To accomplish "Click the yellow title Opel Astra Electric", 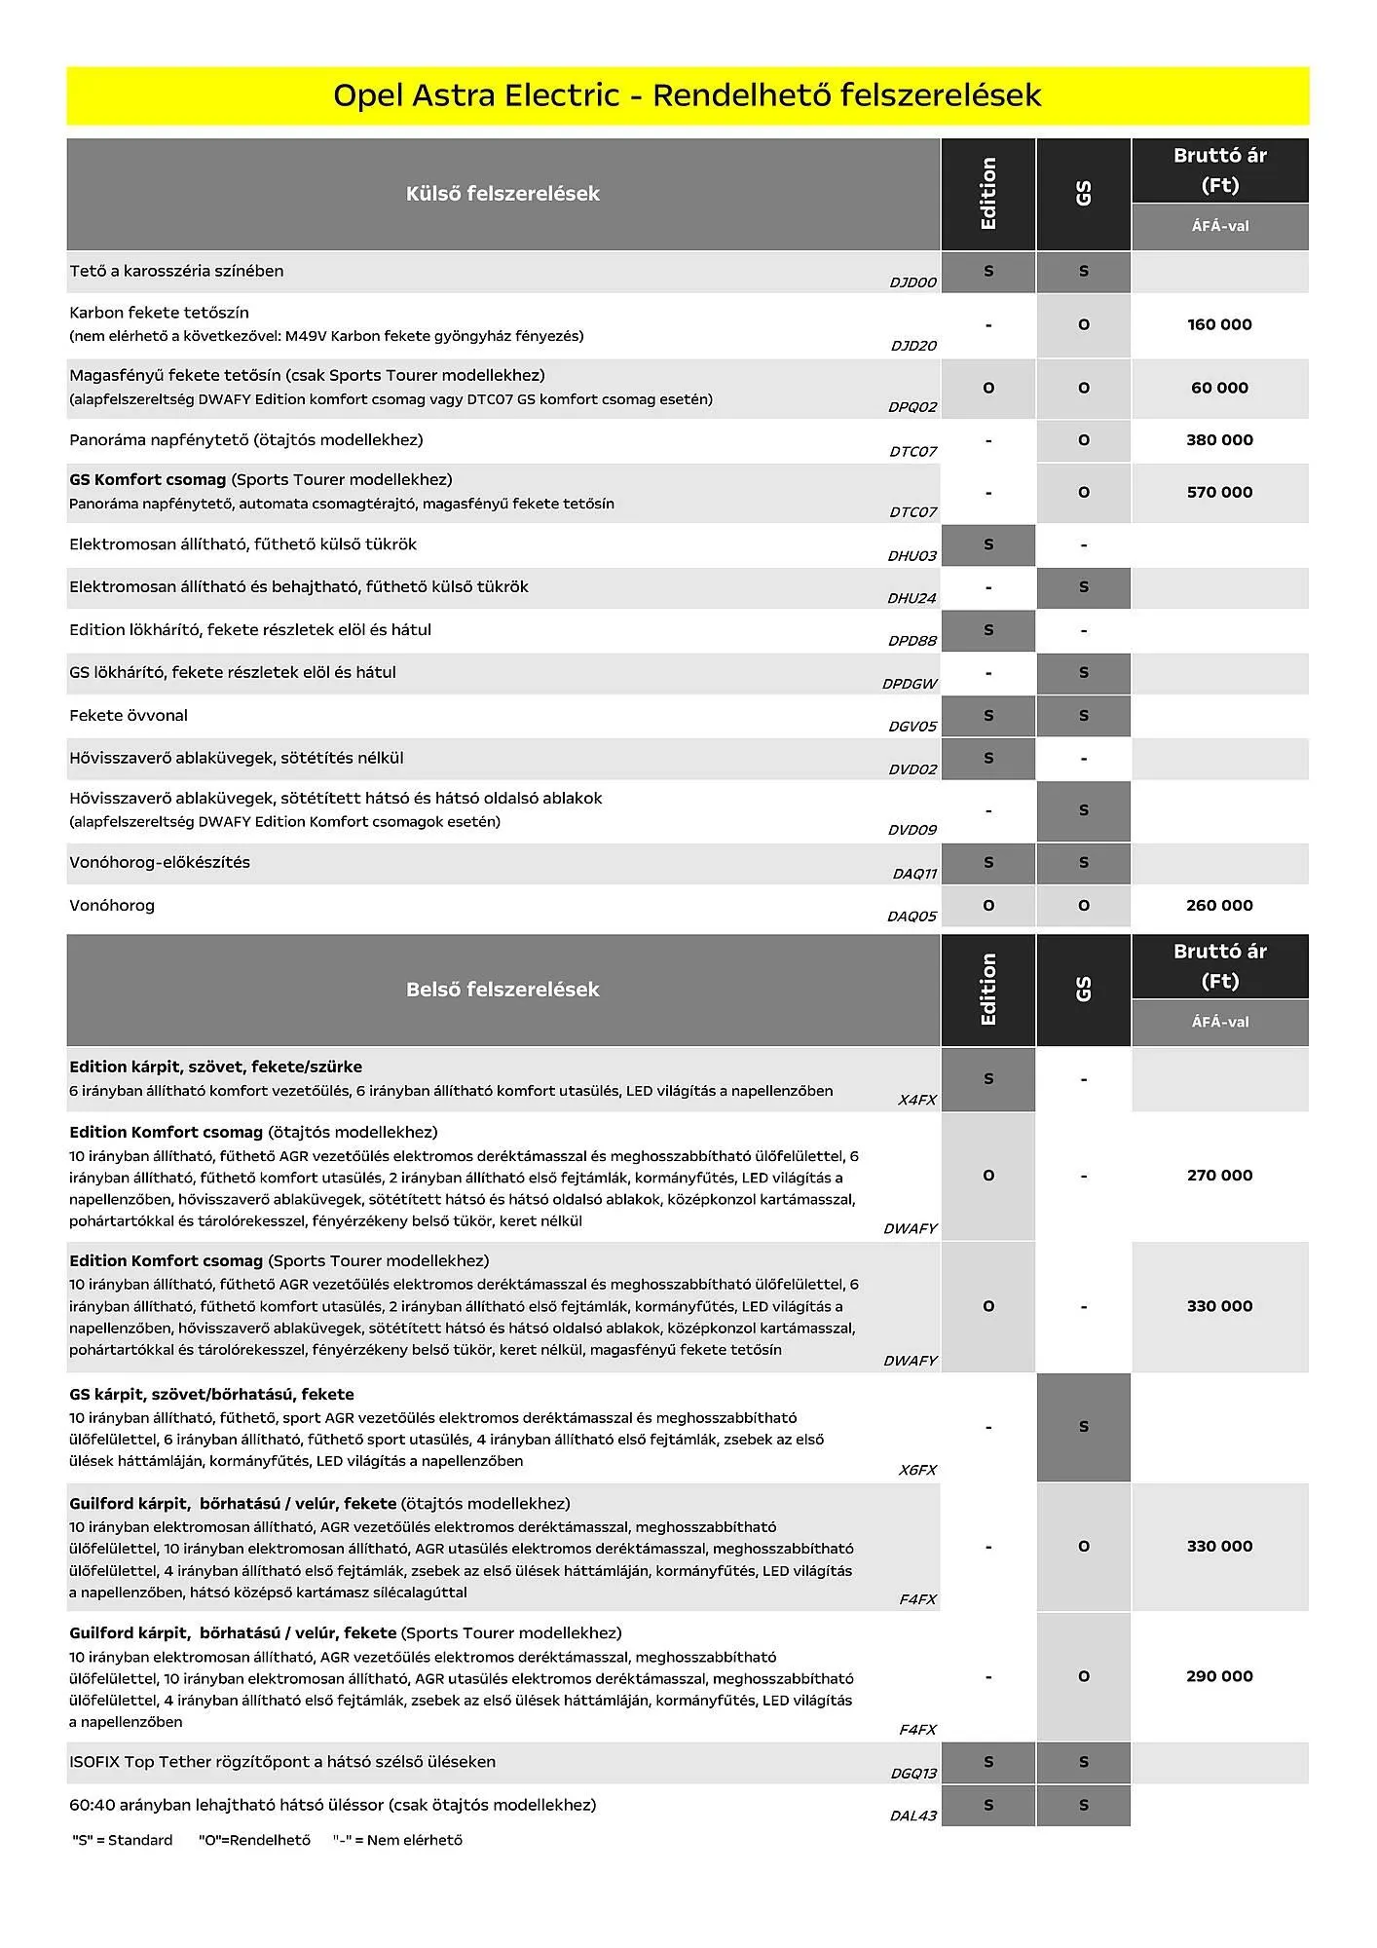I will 687,95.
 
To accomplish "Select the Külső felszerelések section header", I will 502,194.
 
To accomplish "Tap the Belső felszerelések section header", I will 502,990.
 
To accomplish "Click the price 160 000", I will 1219,324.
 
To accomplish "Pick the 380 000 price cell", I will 1219,440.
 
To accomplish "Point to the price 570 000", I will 1219,493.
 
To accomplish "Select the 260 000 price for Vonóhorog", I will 1219,906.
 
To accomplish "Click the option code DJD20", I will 912,346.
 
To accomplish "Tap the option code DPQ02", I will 912,407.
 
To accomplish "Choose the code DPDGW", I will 909,684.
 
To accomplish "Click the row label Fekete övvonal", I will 129,716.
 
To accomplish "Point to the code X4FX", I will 916,1100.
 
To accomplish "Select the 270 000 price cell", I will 1219,1176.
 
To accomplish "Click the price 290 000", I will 1219,1676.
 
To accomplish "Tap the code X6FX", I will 916,1470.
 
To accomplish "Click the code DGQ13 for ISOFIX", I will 912,1774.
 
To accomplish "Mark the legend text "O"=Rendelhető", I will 254,1840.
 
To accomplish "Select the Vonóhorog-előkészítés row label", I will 160,863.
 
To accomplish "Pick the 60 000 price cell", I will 1219,388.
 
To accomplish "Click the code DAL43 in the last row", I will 912,1816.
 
